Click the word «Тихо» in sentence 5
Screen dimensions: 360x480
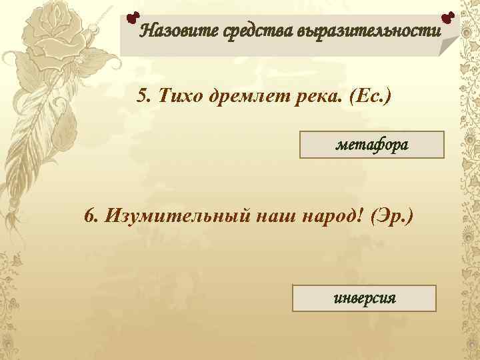click(177, 96)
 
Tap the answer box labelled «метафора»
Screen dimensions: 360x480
click(372, 144)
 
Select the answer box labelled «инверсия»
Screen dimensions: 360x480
click(364, 298)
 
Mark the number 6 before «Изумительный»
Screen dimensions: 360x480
click(90, 216)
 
